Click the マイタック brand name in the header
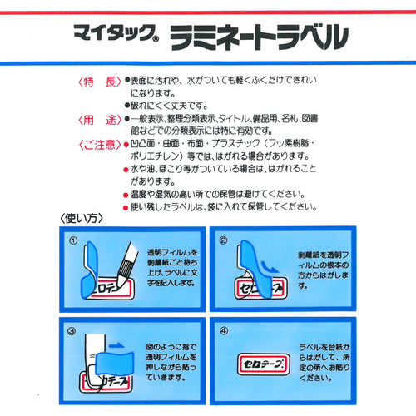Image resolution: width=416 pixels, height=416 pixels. click(x=114, y=33)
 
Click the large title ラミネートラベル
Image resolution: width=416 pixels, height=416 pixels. click(x=259, y=37)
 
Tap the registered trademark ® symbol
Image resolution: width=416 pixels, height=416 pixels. click(x=156, y=39)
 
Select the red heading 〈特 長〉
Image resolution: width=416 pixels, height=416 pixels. click(x=99, y=82)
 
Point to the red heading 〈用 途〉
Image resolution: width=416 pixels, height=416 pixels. click(x=99, y=120)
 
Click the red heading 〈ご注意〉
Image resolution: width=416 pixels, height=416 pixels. click(x=99, y=146)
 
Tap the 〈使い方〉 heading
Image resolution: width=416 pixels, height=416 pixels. click(x=82, y=219)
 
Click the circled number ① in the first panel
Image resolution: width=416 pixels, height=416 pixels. click(x=73, y=240)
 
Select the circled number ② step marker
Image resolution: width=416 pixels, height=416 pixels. click(x=223, y=240)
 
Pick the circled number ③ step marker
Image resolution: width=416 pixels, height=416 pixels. click(x=72, y=331)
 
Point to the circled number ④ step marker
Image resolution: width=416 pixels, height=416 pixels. click(x=224, y=331)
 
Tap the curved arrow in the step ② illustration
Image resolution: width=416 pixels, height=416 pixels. click(x=270, y=267)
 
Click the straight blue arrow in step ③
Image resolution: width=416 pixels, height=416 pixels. click(x=116, y=345)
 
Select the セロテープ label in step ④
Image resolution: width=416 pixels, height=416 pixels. click(x=264, y=364)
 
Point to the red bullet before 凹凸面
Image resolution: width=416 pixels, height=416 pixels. click(x=126, y=145)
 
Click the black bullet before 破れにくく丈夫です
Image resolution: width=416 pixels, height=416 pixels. click(x=127, y=106)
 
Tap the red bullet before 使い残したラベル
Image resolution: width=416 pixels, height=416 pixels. click(x=126, y=208)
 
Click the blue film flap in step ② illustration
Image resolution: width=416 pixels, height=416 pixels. click(x=255, y=269)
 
